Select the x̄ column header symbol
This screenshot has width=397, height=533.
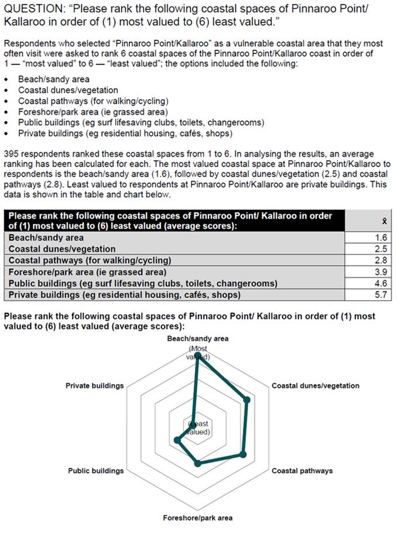pyautogui.click(x=383, y=220)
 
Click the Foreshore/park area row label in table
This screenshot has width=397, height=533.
pyautogui.click(x=87, y=272)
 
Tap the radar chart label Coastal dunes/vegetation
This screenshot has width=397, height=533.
pyautogui.click(x=315, y=386)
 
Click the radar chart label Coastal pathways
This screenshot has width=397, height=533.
pyautogui.click(x=302, y=471)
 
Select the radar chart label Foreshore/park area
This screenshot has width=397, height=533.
pyautogui.click(x=197, y=518)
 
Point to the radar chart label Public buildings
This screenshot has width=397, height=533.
pyautogui.click(x=95, y=471)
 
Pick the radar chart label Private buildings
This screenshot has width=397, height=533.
pyautogui.click(x=95, y=386)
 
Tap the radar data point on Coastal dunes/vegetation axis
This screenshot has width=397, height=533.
pyautogui.click(x=247, y=400)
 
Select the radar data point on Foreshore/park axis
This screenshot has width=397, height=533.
pyautogui.click(x=197, y=463)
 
